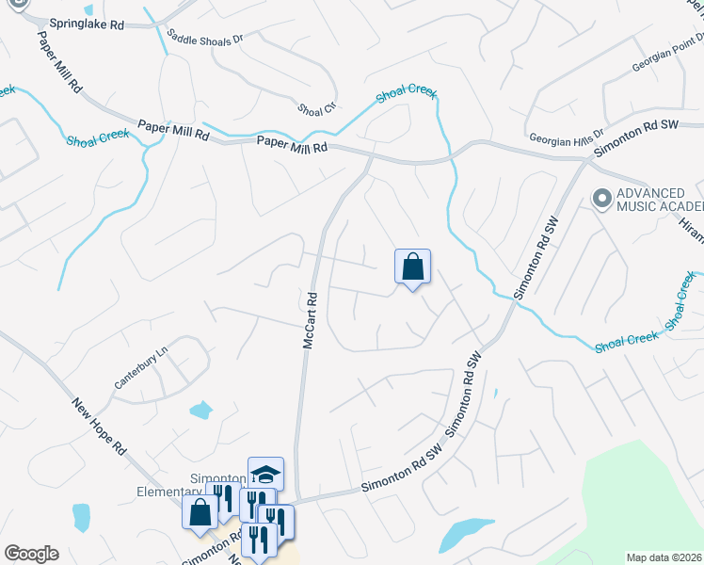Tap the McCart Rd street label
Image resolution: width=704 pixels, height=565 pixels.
(x=309, y=320)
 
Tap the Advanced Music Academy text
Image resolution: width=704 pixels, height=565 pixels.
(x=660, y=200)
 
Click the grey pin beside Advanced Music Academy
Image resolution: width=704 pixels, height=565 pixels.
(x=600, y=198)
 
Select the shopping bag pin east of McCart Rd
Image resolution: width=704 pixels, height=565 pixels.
(x=412, y=267)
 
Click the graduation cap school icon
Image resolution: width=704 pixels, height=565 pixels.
(x=265, y=474)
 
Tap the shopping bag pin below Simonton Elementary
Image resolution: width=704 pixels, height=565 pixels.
(x=200, y=513)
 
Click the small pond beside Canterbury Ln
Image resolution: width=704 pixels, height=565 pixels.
(x=200, y=410)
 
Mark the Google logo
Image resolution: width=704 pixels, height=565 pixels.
(x=31, y=554)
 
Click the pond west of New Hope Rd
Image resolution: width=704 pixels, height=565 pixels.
(x=81, y=516)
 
